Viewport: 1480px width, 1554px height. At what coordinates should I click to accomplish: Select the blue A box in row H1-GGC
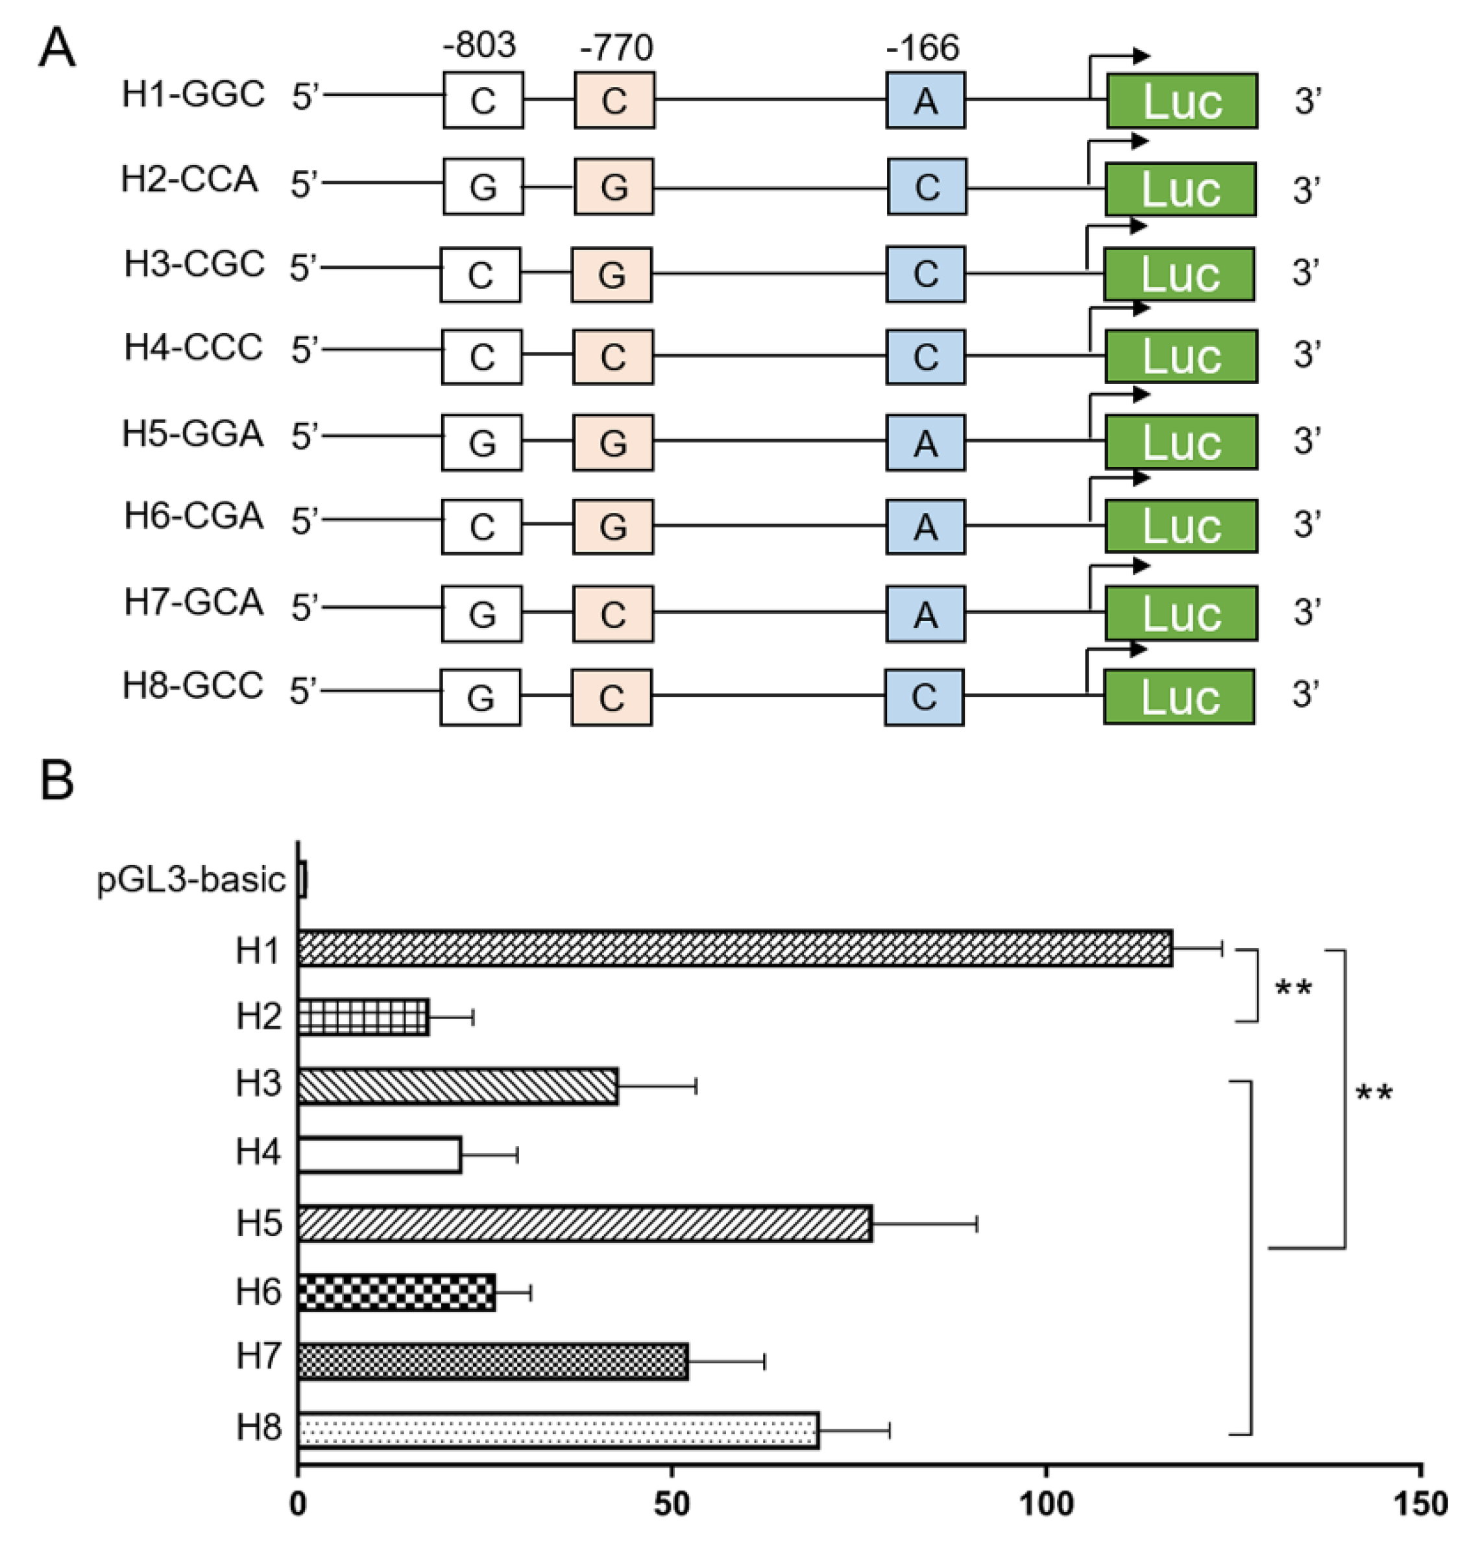pyautogui.click(x=925, y=100)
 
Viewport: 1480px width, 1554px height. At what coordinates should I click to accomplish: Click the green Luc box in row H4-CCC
pyautogui.click(x=1181, y=357)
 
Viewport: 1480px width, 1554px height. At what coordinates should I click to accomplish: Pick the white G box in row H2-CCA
pyautogui.click(x=483, y=187)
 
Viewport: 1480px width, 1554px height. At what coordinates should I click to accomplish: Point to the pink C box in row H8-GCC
pyautogui.click(x=611, y=698)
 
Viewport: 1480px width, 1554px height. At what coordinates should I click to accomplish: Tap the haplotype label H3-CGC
pyautogui.click(x=194, y=263)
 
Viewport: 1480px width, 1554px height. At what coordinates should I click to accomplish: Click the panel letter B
pyautogui.click(x=57, y=781)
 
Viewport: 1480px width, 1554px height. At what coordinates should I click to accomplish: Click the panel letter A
pyautogui.click(x=57, y=49)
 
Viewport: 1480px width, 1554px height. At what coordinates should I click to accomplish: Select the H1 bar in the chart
pyautogui.click(x=734, y=948)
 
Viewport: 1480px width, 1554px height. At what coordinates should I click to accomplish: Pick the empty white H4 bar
pyautogui.click(x=379, y=1155)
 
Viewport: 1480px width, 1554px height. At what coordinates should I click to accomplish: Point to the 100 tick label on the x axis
pyautogui.click(x=1046, y=1504)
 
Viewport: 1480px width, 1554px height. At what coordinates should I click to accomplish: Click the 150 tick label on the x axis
pyautogui.click(x=1420, y=1504)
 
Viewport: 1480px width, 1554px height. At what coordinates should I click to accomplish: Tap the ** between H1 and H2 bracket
pyautogui.click(x=1294, y=988)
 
